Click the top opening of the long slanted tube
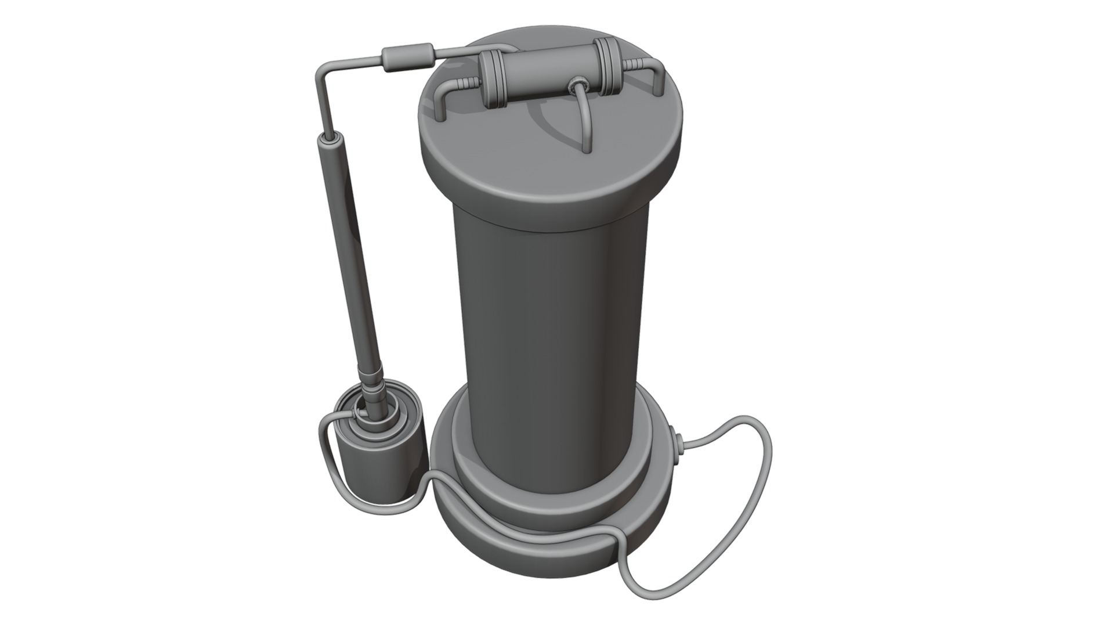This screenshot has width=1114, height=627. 332,138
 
